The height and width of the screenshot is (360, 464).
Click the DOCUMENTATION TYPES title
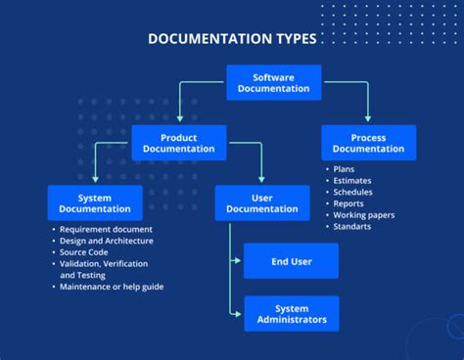tap(232, 40)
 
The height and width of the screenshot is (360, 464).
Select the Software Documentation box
tap(274, 83)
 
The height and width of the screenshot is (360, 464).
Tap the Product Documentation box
tap(179, 143)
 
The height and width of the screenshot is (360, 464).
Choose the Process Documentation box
tap(368, 143)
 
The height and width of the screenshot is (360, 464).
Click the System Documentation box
tap(95, 202)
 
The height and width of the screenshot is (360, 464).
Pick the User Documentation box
tap(262, 202)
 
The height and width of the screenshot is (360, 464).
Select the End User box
tap(291, 261)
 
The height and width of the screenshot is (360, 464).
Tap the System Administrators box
tap(291, 314)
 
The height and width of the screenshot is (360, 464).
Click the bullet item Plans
tap(345, 169)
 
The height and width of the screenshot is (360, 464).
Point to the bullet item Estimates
tap(352, 180)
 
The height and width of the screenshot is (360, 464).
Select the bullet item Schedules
tap(353, 192)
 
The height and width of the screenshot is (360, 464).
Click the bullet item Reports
tap(349, 203)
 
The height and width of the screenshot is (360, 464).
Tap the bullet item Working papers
tap(364, 215)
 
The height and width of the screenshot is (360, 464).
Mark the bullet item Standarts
tap(352, 227)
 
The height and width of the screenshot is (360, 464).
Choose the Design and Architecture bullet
tap(106, 241)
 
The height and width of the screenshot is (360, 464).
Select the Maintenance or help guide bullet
tap(112, 287)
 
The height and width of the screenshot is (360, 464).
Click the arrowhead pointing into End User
tap(238, 261)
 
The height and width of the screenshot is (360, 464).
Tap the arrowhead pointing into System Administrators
tap(238, 314)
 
